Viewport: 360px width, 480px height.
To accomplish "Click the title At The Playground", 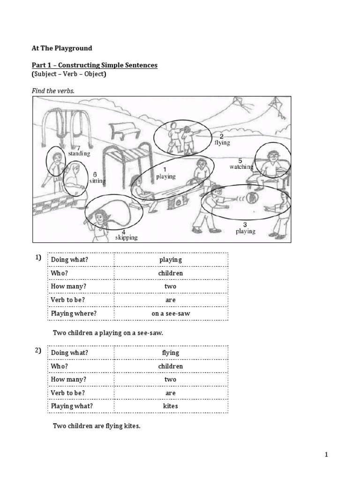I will pyautogui.click(x=62, y=47).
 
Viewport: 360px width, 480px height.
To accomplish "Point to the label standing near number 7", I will pyautogui.click(x=79, y=153).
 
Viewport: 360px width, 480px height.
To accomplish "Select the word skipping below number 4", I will pyautogui.click(x=127, y=237).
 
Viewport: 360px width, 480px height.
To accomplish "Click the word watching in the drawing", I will pyautogui.click(x=241, y=166).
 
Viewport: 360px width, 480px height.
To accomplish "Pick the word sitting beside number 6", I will pyautogui.click(x=97, y=180).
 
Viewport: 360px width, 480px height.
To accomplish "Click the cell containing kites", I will pyautogui.click(x=170, y=406).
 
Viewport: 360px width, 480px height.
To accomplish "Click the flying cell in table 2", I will pyautogui.click(x=170, y=352).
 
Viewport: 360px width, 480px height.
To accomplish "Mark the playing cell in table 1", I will pyautogui.click(x=170, y=260).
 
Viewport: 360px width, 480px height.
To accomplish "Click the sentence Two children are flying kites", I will pyautogui.click(x=97, y=426).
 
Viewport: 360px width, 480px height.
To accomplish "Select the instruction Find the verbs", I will pyautogui.click(x=53, y=90).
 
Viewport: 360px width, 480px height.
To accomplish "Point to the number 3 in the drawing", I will pyautogui.click(x=245, y=225).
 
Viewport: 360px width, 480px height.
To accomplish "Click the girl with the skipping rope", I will pyautogui.click(x=100, y=220).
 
